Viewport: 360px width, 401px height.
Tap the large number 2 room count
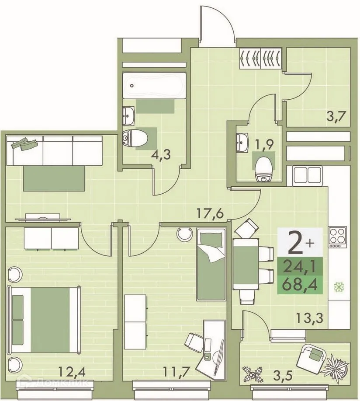point(296,243)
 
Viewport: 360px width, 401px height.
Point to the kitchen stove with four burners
point(337,237)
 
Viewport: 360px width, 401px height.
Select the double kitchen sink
point(308,174)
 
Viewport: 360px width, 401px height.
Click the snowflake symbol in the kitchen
point(337,287)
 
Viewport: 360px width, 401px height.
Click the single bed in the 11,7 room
point(211,265)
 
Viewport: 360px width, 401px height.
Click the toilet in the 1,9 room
point(264,168)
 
